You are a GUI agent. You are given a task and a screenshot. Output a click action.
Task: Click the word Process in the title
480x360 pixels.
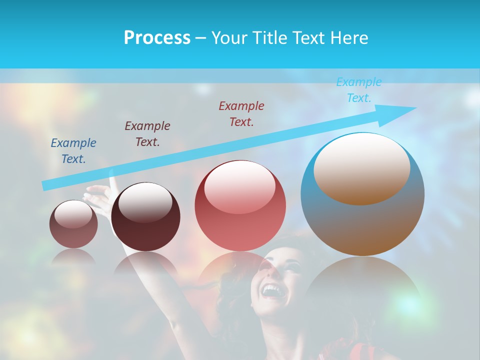157,38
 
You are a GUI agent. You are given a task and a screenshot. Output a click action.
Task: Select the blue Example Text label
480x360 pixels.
359,90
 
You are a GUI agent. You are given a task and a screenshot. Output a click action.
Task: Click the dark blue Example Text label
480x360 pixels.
73,150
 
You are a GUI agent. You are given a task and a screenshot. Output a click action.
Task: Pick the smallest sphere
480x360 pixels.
73,224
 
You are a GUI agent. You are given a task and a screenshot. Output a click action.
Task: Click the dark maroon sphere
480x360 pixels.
145,217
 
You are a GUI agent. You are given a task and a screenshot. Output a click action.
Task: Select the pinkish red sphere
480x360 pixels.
240,205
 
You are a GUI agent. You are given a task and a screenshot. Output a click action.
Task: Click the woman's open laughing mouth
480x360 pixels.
272,290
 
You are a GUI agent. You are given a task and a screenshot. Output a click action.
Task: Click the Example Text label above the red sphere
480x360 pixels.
241,113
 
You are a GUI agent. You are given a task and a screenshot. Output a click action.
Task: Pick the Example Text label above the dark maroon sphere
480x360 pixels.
147,133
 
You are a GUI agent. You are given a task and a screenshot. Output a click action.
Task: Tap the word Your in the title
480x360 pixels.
230,38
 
